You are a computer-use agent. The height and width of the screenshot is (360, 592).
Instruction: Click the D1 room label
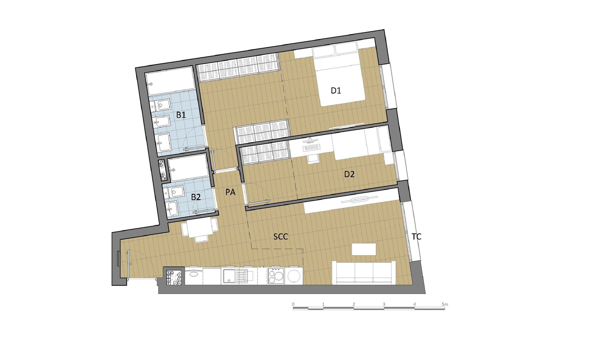coord(336,91)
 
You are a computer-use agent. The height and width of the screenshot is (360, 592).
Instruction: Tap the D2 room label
coord(349,174)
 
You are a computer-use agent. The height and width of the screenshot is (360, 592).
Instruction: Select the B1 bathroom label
coord(181,115)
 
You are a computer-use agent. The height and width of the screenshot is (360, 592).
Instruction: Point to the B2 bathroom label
coord(196,197)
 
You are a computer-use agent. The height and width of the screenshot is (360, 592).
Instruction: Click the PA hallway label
coord(230,192)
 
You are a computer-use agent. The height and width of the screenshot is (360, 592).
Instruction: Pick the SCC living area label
coord(281,237)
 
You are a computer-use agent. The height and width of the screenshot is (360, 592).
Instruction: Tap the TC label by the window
coord(416,237)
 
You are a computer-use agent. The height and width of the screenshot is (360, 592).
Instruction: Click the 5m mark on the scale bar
coord(445,304)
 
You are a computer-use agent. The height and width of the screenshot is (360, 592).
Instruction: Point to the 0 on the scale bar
coord(293,304)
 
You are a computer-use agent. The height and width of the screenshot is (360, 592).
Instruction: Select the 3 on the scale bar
coord(384,304)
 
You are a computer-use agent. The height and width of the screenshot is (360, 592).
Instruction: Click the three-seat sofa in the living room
coord(364,273)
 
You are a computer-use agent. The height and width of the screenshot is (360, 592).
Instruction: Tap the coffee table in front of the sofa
coord(364,249)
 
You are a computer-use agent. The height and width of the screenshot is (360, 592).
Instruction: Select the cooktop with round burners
coord(276,276)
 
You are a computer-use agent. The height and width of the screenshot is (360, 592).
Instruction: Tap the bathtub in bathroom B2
coord(189,168)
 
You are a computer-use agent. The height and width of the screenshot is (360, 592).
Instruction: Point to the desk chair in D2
coord(312,158)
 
